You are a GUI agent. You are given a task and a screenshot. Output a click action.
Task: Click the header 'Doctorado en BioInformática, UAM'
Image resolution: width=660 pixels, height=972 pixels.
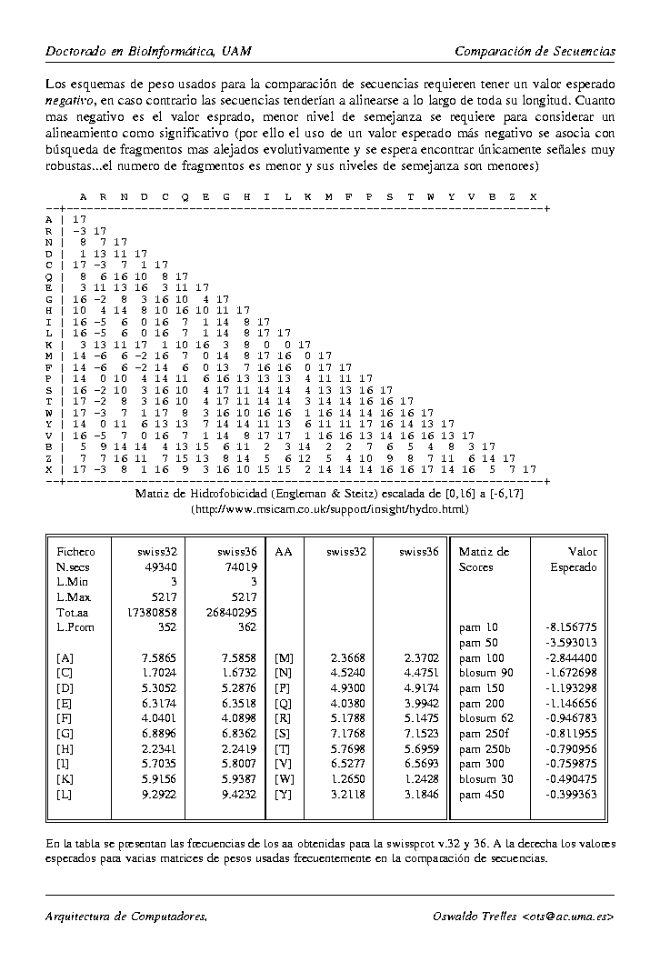click(148, 51)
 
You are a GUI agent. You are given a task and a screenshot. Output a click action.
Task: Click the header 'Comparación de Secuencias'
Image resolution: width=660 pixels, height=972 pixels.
click(535, 51)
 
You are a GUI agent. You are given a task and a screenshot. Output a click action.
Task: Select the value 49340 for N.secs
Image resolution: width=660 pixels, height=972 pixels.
click(161, 566)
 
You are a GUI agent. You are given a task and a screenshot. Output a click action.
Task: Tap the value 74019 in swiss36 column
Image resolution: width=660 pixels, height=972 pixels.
click(241, 566)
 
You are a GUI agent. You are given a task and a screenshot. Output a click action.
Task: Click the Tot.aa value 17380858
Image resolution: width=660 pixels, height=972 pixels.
click(153, 612)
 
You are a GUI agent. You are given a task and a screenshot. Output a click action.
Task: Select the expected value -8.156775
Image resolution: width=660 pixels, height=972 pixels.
click(571, 627)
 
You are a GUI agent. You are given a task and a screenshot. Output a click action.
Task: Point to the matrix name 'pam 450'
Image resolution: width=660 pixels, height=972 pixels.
click(479, 794)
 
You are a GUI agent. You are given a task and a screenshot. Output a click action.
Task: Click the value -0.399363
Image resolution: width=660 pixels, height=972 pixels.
click(571, 794)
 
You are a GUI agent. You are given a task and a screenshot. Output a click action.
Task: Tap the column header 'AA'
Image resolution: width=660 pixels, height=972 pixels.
click(283, 551)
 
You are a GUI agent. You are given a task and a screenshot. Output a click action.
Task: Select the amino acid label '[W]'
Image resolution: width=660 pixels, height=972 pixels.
click(284, 779)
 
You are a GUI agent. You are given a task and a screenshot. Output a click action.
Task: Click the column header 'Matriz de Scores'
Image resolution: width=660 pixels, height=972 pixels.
click(484, 558)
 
